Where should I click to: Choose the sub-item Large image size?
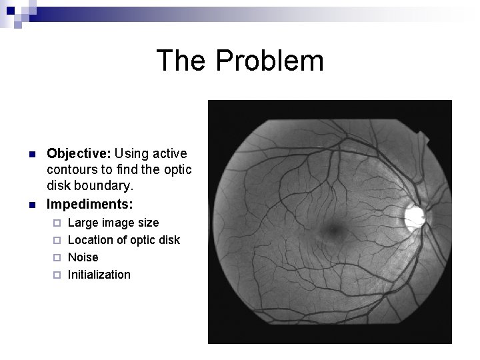click(113, 222)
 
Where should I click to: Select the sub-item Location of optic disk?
click(124, 239)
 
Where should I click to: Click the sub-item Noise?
click(83, 257)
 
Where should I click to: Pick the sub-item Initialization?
click(99, 274)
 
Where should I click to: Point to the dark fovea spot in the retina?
click(331, 231)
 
